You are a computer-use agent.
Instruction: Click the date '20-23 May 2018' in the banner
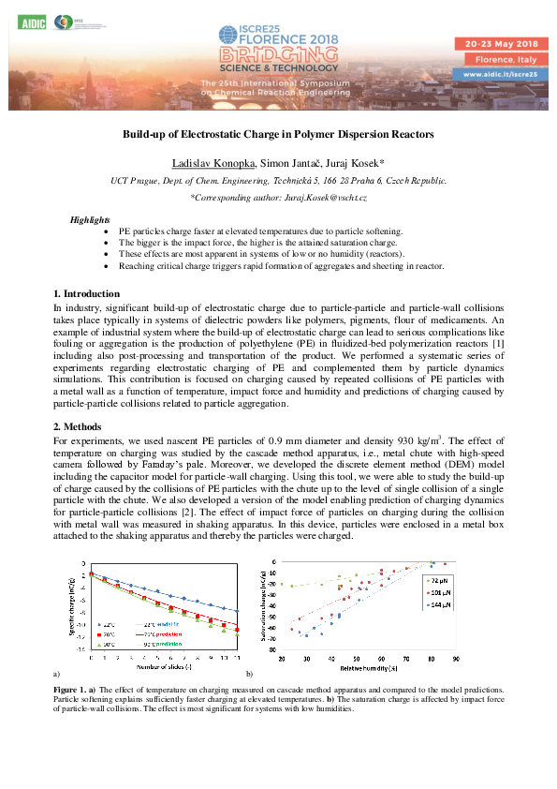(x=497, y=44)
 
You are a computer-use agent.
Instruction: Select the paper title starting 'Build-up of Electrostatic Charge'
(x=278, y=135)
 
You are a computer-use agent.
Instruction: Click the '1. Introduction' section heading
(x=86, y=294)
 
